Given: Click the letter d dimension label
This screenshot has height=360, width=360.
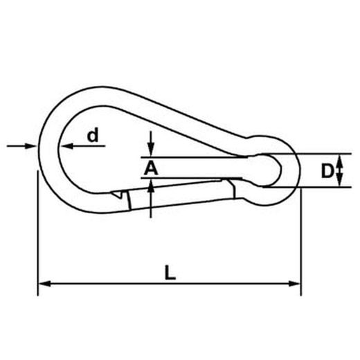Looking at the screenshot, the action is tap(93, 135).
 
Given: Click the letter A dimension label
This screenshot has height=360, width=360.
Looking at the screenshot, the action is tap(151, 168).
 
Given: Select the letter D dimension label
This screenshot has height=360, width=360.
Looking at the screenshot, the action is tap(327, 171).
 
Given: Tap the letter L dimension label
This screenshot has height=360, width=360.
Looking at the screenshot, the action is tap(170, 273).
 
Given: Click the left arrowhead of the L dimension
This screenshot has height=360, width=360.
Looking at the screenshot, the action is tap(44, 284).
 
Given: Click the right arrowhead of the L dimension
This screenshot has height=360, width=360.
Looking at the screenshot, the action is tap(295, 284).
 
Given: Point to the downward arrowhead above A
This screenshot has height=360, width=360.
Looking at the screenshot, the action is tap(151, 150).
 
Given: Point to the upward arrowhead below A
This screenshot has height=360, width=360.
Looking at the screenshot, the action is tap(151, 186).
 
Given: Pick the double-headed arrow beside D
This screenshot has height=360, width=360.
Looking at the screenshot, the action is tap(339, 170).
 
